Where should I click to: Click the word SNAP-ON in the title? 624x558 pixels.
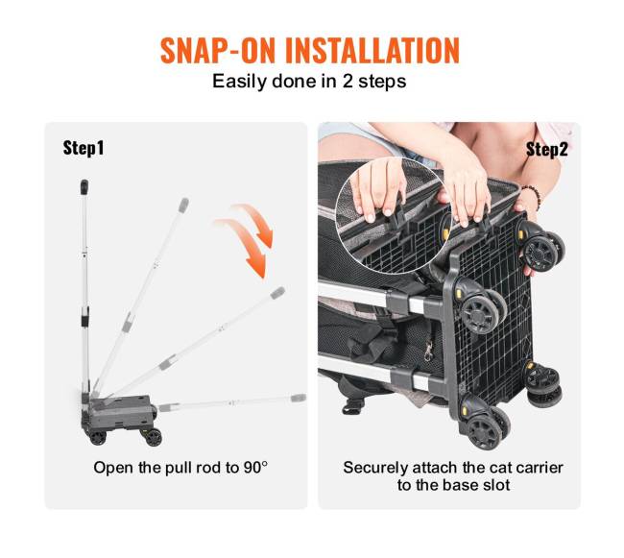(218, 51)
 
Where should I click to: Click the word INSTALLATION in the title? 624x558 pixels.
(372, 51)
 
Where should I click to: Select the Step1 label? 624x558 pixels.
(84, 148)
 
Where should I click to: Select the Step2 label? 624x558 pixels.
(546, 149)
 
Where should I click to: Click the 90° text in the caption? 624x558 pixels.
(255, 468)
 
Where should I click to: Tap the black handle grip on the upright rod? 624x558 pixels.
(84, 187)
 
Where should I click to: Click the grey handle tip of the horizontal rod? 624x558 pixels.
(299, 398)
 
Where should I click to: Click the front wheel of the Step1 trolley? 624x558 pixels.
(154, 437)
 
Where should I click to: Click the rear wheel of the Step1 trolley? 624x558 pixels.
(98, 437)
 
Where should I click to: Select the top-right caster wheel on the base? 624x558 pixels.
(541, 250)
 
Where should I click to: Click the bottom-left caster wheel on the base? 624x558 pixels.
(485, 430)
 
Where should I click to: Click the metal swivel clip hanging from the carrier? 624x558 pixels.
(428, 352)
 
